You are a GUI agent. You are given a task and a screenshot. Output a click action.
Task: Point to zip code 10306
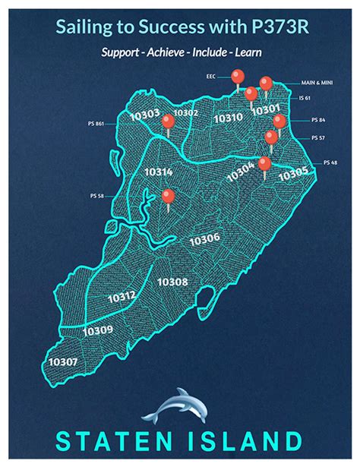[204, 239]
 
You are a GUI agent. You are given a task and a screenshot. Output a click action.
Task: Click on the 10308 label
[172, 282]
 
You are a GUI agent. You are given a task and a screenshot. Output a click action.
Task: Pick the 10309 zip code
[98, 330]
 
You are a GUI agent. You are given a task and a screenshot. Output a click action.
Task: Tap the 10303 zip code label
[145, 115]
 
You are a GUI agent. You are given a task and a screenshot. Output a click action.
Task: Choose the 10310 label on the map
[228, 118]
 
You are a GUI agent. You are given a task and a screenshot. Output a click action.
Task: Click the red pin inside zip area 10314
[168, 197]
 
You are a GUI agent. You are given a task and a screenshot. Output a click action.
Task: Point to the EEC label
[211, 76]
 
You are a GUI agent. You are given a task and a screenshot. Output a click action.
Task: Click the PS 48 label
[330, 162]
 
